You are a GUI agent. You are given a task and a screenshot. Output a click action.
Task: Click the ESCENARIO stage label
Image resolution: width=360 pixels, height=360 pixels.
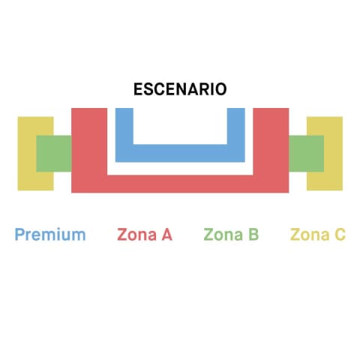pos(180,89)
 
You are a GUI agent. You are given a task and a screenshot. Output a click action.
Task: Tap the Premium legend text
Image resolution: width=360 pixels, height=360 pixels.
pos(50,235)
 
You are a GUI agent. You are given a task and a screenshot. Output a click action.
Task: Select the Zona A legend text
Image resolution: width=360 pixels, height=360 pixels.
pos(145,235)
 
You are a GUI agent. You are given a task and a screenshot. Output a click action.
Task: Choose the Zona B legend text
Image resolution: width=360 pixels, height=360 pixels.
pos(231,235)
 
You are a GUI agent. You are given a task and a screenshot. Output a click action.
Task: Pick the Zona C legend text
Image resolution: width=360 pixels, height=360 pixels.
pos(318,235)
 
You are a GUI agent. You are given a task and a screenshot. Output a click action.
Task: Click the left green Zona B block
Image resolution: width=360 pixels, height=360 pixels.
pos(54,154)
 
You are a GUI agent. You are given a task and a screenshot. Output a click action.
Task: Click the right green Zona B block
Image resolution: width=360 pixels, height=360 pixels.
pos(307,154)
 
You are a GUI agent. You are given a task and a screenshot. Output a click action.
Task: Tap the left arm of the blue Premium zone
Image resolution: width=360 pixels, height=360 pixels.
pos(124,126)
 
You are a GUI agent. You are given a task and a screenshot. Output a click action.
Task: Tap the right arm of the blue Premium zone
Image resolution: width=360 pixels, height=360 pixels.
pos(236,126)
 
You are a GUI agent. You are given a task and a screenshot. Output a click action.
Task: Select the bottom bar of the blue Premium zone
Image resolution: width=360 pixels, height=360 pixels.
pos(180,153)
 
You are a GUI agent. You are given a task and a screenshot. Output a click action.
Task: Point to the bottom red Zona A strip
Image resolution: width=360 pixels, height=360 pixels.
pos(180,184)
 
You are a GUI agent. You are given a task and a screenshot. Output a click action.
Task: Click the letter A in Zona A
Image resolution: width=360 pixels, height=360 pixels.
pos(167,235)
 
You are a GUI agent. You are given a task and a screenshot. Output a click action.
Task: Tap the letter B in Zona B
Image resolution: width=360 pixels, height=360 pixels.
pos(253,235)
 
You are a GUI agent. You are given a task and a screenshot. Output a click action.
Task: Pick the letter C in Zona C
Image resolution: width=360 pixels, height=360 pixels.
pos(340,235)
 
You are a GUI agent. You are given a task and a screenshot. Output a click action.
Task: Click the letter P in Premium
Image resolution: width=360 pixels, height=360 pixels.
pos(19,235)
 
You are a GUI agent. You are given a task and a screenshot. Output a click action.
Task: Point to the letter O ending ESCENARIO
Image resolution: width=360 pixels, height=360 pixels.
pos(220,89)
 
